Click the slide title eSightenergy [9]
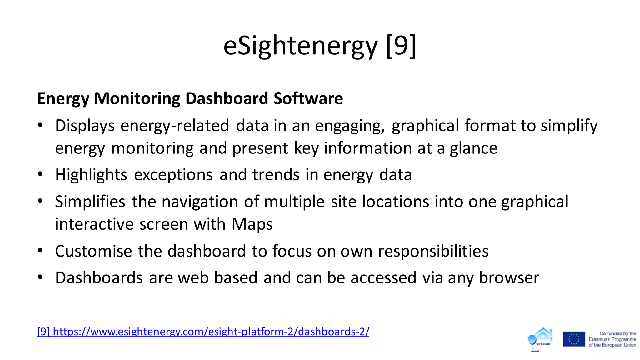point(320,46)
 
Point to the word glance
point(473,149)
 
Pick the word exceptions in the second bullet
point(173,175)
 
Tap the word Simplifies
point(90,202)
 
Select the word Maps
point(252,225)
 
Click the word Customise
point(93,251)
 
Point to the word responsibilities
point(433,251)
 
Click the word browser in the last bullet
point(509,278)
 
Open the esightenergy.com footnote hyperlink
point(203,332)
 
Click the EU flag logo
point(574,339)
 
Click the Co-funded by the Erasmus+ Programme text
point(612,339)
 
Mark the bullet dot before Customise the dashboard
point(40,251)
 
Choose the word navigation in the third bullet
point(200,202)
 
